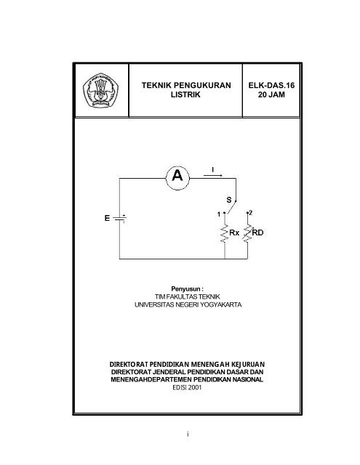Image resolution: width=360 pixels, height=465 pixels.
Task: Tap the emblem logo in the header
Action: pos(100,90)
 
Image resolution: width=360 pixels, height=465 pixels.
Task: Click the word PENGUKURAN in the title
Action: pos(202,85)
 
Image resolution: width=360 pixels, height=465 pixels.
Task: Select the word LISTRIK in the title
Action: pos(185,94)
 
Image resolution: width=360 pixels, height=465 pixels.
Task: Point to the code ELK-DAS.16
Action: pos(271,85)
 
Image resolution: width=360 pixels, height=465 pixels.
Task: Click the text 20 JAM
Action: pos(271,94)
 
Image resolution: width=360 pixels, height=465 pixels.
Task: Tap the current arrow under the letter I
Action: pos(212,176)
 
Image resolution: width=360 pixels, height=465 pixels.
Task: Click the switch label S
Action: pos(229,200)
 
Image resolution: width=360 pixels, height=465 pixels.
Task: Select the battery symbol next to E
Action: pos(119,219)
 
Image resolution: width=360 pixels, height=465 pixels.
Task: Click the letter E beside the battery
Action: pos(107,218)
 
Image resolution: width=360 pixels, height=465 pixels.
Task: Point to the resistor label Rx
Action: pos(234,232)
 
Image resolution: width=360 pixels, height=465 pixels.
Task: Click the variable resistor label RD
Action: pos(257,232)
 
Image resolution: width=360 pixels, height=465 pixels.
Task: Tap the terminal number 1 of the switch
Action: pos(219,214)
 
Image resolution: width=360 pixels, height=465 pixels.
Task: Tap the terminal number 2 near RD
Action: pos(251,213)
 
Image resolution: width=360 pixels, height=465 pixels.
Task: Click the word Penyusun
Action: pos(185,289)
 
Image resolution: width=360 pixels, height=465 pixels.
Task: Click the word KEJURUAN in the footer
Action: pos(248,364)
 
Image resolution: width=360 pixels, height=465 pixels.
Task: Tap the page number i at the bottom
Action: pos(188,434)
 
